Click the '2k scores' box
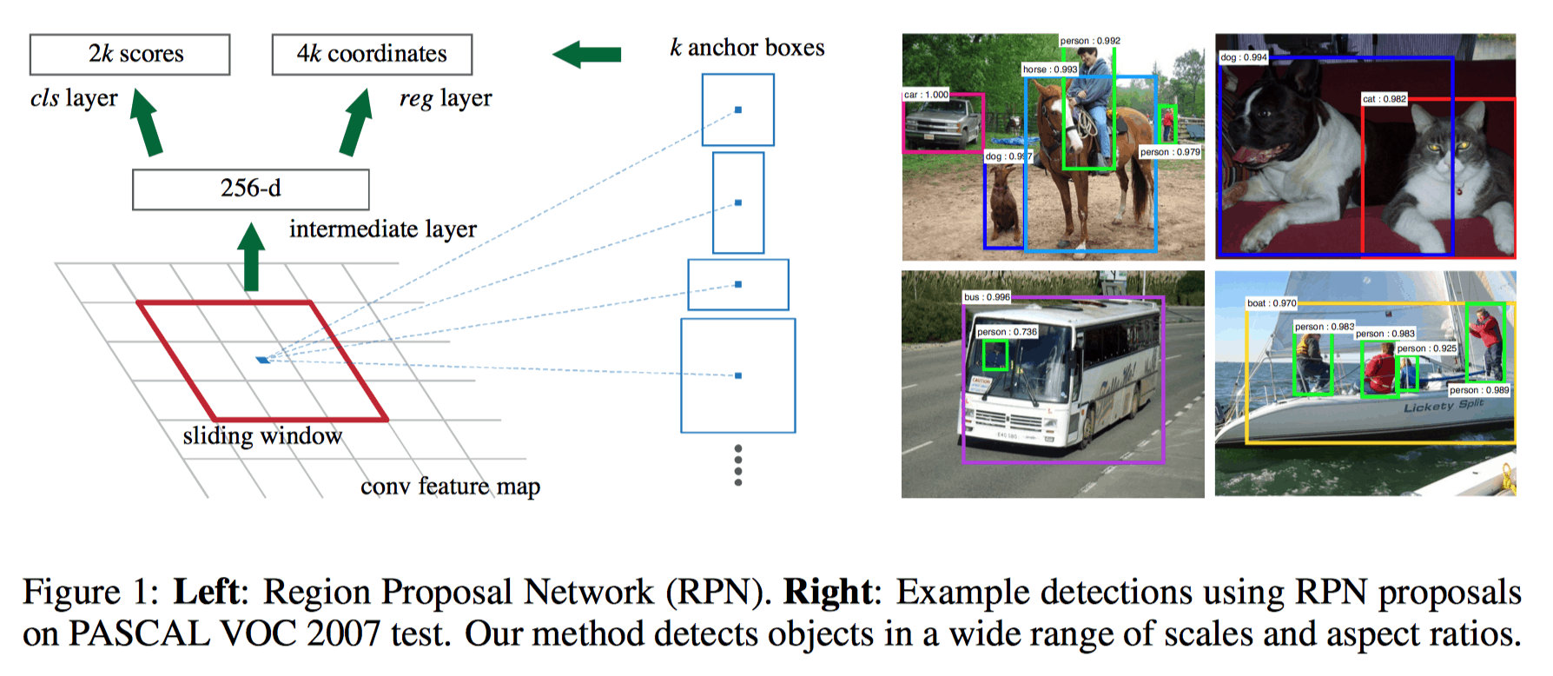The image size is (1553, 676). point(130,55)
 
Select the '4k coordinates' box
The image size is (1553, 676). point(372,55)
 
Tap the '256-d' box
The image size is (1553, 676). point(250,189)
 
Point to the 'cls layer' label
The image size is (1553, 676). point(74,98)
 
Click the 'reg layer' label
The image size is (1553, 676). point(446,98)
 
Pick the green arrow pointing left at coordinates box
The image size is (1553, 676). point(587,55)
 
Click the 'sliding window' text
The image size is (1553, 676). point(262,435)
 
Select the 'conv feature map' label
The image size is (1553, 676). point(450,486)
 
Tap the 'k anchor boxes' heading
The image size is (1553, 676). point(747,48)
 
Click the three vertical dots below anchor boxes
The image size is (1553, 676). point(738,465)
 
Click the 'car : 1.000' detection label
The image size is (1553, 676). point(927,95)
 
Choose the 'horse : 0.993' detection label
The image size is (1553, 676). point(1049,70)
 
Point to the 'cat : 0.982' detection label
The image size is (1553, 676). point(1384,99)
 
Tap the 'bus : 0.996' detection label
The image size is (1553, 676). point(987,297)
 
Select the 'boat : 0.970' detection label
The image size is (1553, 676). point(1272,303)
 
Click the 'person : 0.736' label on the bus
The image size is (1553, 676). point(1007,332)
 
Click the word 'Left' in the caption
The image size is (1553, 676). point(206,593)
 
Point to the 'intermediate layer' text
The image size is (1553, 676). point(383,229)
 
